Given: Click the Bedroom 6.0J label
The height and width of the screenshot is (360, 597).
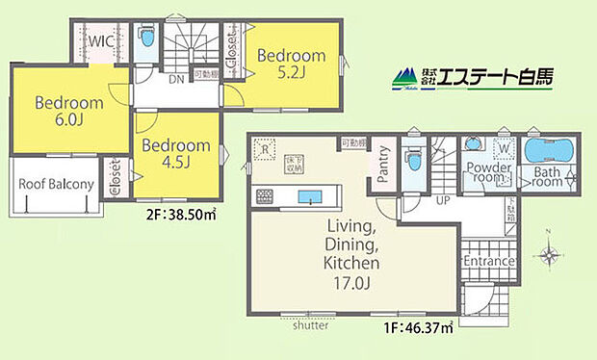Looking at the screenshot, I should pos(60,111).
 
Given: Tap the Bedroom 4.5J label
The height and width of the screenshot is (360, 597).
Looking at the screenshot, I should pos(175,153).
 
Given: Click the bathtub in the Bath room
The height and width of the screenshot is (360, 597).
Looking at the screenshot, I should pos(547,152).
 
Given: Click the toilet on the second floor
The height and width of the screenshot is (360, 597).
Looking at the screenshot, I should pos(145,40).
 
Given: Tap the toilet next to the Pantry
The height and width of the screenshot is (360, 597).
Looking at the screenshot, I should pos(412,157).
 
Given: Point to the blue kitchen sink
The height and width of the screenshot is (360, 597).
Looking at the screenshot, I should pos(310,197).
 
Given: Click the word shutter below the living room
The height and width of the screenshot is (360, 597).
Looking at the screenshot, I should pos(308,326).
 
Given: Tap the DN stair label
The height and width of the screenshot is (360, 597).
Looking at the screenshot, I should pos(176,80).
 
